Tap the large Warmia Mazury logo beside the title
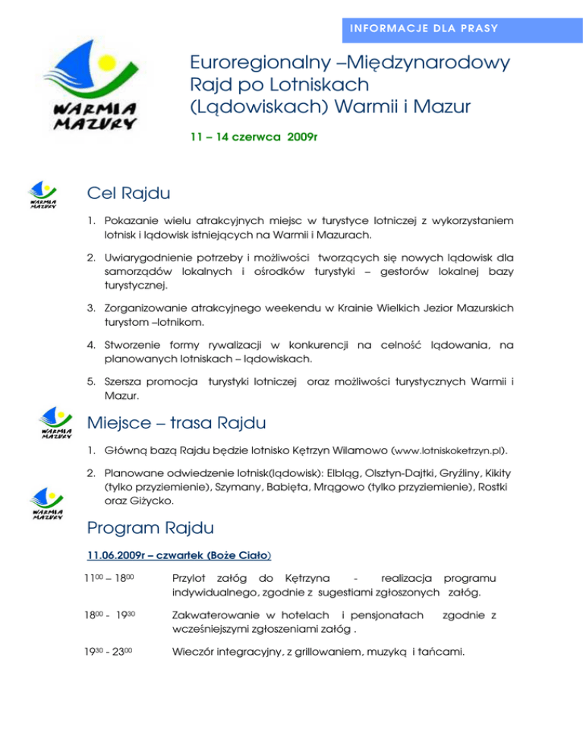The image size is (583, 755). point(95,87)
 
